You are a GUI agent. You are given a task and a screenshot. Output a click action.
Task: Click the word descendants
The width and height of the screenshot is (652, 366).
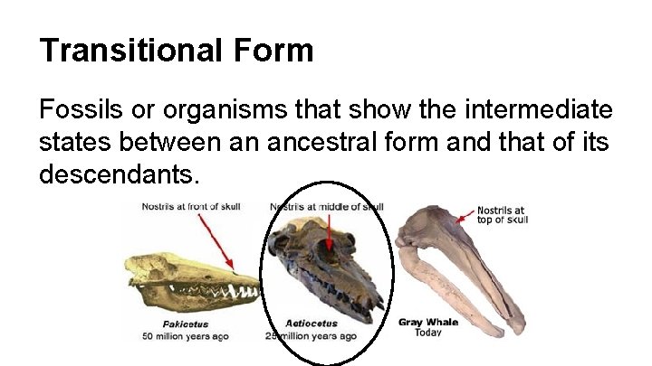pos(118,174)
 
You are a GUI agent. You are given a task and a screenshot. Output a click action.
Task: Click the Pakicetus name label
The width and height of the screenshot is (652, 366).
pos(186,324)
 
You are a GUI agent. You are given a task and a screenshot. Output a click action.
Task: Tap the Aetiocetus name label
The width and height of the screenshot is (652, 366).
pos(311,324)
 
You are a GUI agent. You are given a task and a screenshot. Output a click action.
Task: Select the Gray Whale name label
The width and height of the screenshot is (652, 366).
pos(428,322)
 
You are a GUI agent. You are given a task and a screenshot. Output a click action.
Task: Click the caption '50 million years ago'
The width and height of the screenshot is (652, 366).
pos(186,336)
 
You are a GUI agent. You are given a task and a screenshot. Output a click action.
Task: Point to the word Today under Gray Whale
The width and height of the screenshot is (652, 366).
pos(428,333)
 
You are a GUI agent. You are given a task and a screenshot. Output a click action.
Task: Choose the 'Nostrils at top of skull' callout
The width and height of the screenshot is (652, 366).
pos(501,215)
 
